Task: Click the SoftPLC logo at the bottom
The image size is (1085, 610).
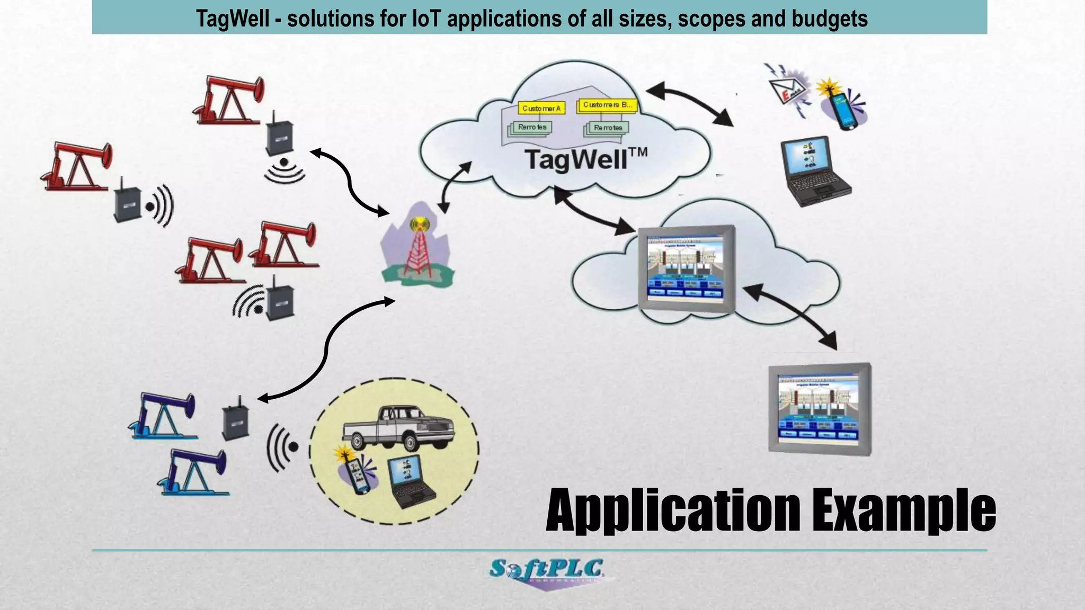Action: point(547,572)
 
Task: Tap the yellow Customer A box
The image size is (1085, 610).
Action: point(541,108)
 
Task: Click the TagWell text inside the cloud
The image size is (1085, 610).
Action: point(577,159)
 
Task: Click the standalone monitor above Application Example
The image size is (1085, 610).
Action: point(820,408)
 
